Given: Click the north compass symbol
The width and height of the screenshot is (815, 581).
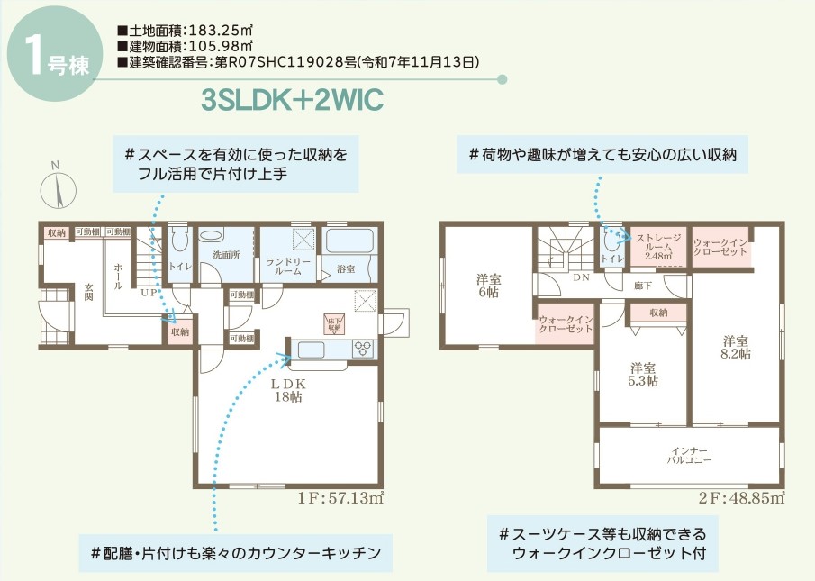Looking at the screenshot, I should [56, 190].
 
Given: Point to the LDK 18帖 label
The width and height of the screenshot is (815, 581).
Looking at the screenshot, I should [287, 389].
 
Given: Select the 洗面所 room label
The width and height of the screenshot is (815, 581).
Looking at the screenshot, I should [226, 255].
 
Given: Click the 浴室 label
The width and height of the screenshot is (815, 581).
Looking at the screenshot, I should [346, 268].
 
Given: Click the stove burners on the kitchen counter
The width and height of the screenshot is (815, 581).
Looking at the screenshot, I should [362, 348].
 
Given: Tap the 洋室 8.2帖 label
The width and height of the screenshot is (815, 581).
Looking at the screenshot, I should [735, 348].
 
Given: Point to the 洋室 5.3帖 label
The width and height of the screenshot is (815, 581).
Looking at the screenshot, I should [643, 374].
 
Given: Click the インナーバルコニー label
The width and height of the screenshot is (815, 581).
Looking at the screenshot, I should [689, 454].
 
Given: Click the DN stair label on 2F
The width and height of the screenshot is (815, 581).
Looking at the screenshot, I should [581, 277].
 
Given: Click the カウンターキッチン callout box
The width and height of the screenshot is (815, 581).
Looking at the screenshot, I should [236, 552].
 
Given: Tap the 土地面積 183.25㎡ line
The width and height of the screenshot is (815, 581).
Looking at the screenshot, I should [186, 30].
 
